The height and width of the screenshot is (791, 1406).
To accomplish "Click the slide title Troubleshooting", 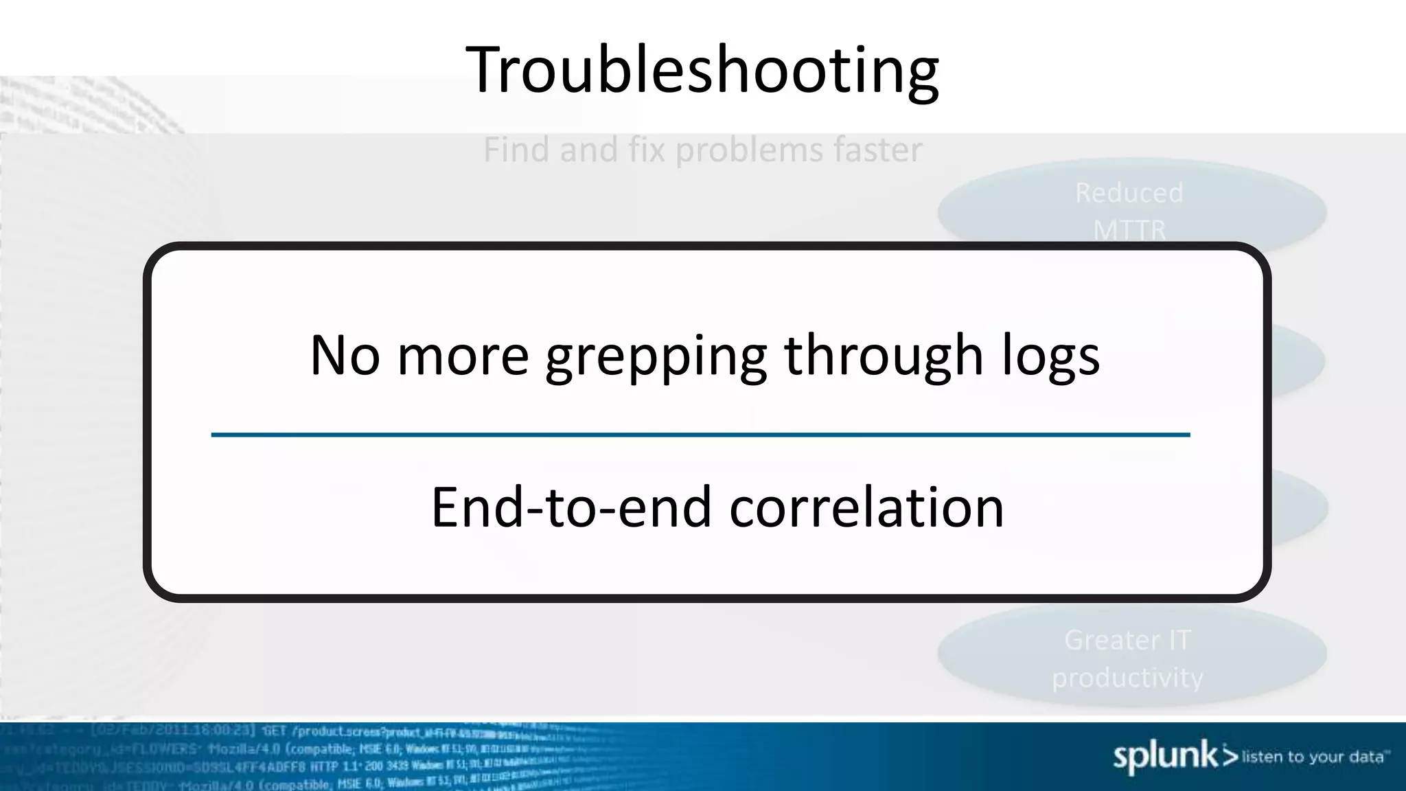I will point(702,70).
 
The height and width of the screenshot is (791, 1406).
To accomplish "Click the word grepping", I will point(656,357).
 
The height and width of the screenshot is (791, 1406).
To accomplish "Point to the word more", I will point(463,357).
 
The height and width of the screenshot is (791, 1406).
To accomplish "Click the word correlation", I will point(866,508).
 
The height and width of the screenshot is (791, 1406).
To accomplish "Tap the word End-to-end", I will point(571,508).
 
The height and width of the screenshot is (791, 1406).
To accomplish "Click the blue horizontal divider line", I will point(700,435).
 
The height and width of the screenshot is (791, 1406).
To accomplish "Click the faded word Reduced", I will point(1129,193).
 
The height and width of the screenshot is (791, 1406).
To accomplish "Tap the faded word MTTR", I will point(1129,229).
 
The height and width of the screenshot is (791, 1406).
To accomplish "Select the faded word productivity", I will point(1127,678).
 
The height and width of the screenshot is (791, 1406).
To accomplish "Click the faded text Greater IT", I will point(1127,640).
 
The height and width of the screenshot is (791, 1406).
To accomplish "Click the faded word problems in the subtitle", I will point(748,150).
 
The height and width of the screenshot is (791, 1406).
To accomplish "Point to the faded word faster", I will point(878,150).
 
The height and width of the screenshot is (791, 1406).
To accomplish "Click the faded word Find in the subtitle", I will point(516,150).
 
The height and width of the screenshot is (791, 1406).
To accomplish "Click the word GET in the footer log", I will point(275,731).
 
